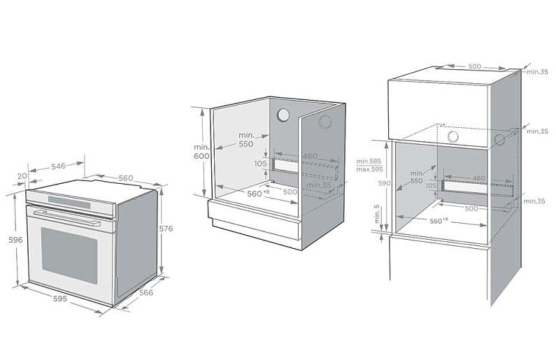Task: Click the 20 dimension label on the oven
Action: pyautogui.click(x=22, y=175)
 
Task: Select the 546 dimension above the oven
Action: pyautogui.click(x=58, y=166)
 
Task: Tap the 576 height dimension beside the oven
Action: pyautogui.click(x=166, y=229)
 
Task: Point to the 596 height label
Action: pyautogui.click(x=15, y=240)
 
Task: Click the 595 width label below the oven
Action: pyautogui.click(x=59, y=298)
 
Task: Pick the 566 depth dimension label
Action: pyautogui.click(x=145, y=293)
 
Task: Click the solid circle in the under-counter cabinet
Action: pyautogui.click(x=283, y=115)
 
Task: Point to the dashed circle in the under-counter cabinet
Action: pyautogui.click(x=325, y=122)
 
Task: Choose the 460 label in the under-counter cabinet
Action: pyautogui.click(x=310, y=156)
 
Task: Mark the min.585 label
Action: pyautogui.click(x=369, y=161)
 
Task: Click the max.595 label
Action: pyautogui.click(x=369, y=169)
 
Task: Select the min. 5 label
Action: pyautogui.click(x=376, y=215)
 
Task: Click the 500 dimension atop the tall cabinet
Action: pyautogui.click(x=474, y=66)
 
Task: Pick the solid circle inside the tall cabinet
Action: pyautogui.click(x=453, y=136)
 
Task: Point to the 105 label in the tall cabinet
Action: pyautogui.click(x=431, y=186)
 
